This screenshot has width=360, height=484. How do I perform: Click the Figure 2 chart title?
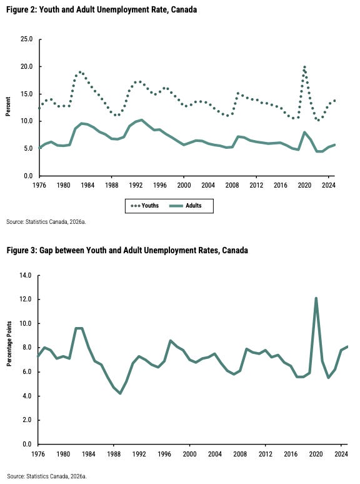tap(101, 9)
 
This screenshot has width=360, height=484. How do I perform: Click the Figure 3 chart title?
tap(127, 250)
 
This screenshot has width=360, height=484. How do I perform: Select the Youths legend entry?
tap(144, 206)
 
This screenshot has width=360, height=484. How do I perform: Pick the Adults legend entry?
tap(186, 206)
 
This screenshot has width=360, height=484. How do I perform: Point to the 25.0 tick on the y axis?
tap(26, 39)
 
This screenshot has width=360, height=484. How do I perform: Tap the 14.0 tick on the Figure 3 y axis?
tap(25, 275)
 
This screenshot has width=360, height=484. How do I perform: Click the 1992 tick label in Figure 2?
tap(136, 185)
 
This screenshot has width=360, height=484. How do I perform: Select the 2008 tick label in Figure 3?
tap(240, 454)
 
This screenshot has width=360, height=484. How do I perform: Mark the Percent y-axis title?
tap(8, 106)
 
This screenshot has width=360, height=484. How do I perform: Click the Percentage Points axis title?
tap(9, 343)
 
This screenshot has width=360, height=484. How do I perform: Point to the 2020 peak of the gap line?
tap(316, 298)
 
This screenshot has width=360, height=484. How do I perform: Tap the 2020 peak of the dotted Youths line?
tap(304, 67)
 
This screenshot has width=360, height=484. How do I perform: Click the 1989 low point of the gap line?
tap(120, 393)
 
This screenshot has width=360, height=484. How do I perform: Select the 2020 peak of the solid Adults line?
tap(304, 133)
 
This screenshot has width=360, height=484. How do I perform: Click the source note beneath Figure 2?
tap(46, 221)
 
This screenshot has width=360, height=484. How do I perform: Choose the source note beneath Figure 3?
tap(47, 476)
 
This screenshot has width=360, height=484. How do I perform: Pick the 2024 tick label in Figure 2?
tap(329, 185)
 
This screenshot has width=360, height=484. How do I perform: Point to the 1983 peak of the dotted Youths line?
tap(80, 73)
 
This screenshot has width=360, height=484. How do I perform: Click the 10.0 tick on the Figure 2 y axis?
tap(26, 121)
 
